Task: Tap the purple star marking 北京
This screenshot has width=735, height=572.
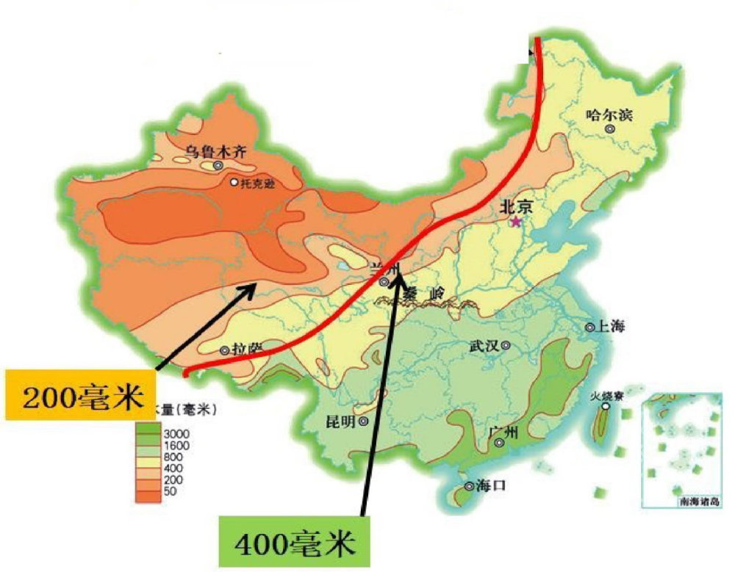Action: click(x=516, y=221)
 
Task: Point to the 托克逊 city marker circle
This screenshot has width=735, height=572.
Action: click(x=234, y=182)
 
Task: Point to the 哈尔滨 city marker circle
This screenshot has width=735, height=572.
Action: click(x=609, y=128)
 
